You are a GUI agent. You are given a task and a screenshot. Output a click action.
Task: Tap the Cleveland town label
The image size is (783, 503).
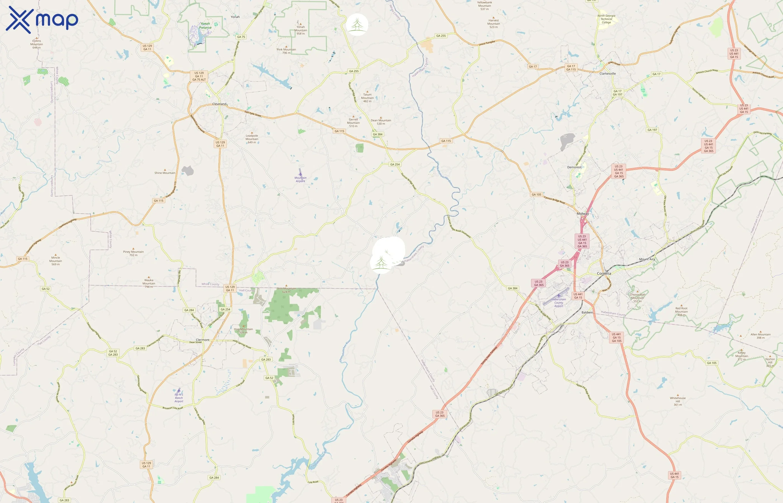click(219, 104)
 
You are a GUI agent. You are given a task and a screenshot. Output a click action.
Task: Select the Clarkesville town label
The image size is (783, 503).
click(607, 73)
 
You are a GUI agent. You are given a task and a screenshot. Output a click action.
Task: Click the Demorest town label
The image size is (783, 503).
click(574, 167)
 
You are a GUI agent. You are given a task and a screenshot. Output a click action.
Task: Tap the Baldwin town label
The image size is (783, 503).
click(587, 312)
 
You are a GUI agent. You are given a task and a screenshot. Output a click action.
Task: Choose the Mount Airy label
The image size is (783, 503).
click(647, 259)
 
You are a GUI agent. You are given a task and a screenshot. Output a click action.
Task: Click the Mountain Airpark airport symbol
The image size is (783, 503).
click(300, 172)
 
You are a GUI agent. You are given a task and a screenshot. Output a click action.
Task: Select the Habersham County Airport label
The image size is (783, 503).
click(558, 302)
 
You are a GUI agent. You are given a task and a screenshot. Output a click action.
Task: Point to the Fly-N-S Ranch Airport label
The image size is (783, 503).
click(179, 398)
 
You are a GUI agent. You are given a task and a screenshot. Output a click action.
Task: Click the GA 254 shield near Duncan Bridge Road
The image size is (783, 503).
click(395, 164)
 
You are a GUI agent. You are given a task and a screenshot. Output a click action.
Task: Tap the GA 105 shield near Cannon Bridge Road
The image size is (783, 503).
click(536, 194)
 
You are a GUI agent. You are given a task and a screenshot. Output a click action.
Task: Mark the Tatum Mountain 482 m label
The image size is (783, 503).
click(367, 98)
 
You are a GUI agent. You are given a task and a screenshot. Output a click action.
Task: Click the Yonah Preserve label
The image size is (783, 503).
click(205, 25)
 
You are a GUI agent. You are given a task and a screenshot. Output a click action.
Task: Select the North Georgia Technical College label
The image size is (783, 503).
click(606, 19)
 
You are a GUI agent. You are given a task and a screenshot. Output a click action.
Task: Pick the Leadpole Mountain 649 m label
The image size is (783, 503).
click(252, 139)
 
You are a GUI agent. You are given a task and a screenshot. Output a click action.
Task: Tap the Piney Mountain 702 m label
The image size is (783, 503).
click(133, 253)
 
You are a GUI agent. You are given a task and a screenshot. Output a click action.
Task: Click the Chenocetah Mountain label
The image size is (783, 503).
click(637, 298)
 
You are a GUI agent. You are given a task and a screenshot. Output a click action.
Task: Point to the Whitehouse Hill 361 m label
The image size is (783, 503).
click(678, 401)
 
